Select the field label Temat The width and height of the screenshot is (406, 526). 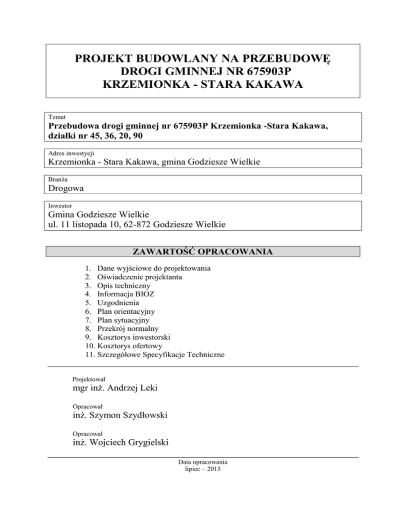click(x=57, y=116)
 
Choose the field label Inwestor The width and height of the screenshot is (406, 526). click(x=60, y=205)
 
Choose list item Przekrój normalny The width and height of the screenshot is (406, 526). click(x=127, y=329)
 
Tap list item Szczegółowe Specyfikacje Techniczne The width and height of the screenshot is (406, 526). click(x=162, y=355)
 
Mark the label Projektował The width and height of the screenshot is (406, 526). click(x=89, y=379)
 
